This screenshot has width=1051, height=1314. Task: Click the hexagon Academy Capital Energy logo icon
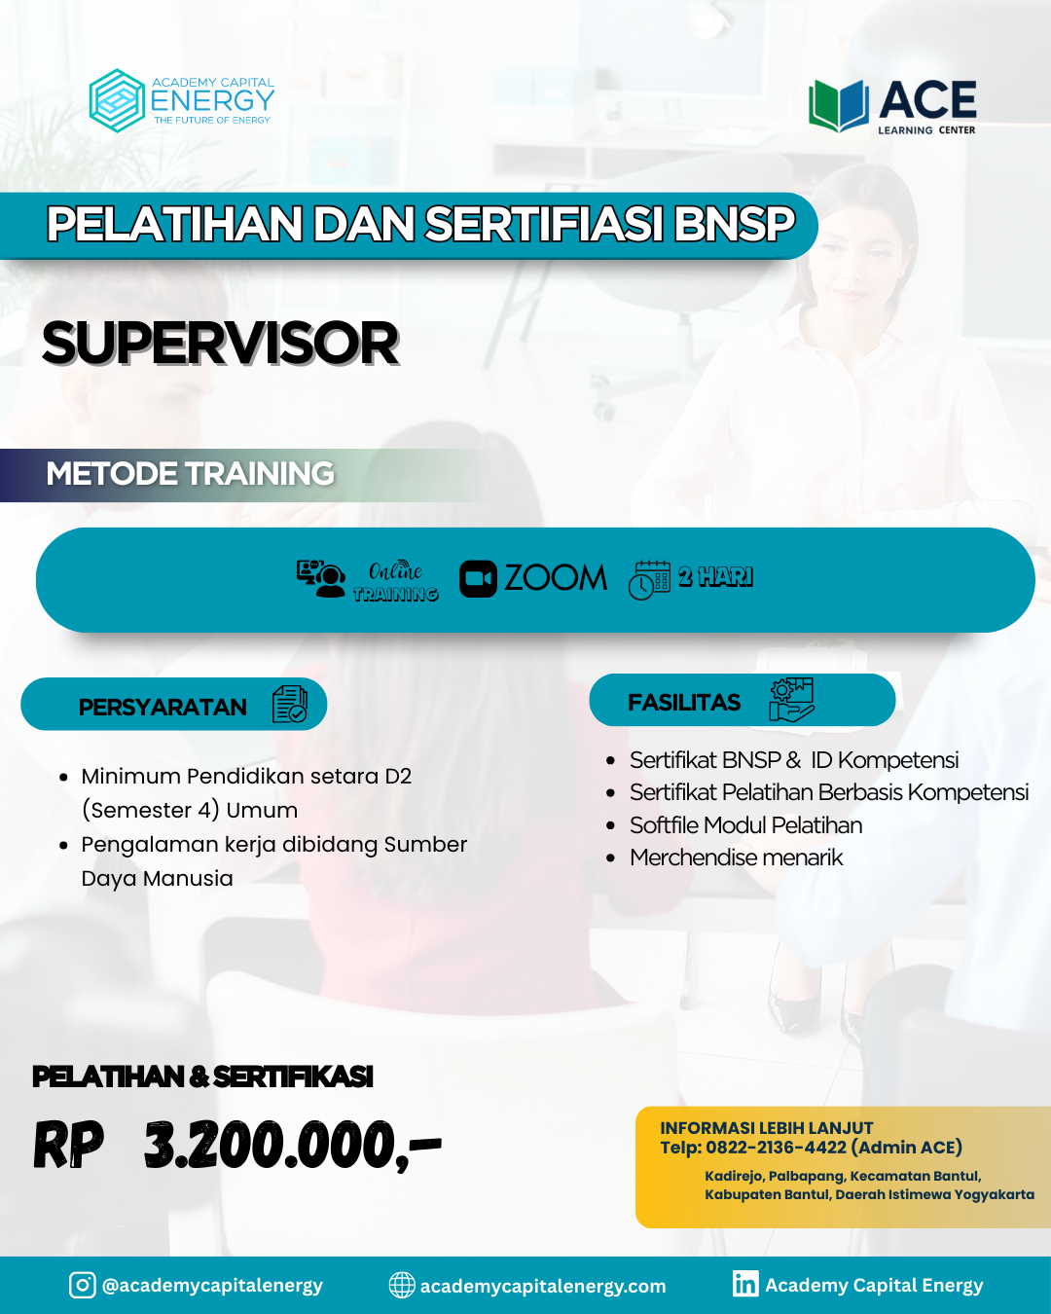pos(117,101)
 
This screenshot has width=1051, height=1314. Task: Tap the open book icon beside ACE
pos(839,106)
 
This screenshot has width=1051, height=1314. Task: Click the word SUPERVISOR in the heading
pos(221,344)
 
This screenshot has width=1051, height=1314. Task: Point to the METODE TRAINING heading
pos(190,474)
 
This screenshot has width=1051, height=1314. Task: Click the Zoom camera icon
pos(478,578)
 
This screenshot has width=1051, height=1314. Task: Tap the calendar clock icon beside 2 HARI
pos(649,580)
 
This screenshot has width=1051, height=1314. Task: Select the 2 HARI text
pos(715,576)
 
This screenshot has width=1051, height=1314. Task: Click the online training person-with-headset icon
pos(320,578)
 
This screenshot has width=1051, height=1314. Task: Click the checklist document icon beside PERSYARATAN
pos(289,704)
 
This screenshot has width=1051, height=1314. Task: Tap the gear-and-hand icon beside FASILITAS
pos(791,699)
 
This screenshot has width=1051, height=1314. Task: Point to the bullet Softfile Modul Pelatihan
pos(745,825)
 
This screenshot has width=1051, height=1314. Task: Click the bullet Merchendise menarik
pos(736,858)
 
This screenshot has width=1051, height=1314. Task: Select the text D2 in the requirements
pos(398,776)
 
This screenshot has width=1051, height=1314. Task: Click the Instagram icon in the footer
pos(83,1285)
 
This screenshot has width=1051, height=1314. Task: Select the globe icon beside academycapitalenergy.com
pos(402,1286)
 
